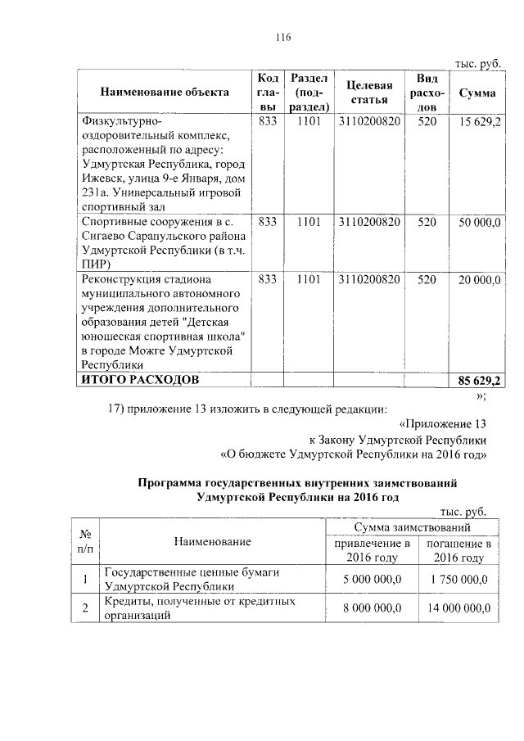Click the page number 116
point(284,37)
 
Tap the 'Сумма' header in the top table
point(477,93)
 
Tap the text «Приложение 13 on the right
point(442,425)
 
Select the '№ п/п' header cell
point(84,541)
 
